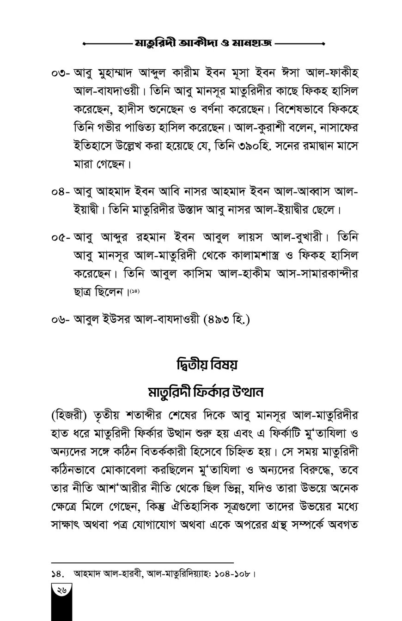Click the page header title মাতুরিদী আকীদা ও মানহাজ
[203, 43]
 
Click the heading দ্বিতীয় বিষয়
[207, 365]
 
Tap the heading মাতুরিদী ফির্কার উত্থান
[206, 392]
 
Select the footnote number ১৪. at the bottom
[57, 574]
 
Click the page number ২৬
[61, 590]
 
